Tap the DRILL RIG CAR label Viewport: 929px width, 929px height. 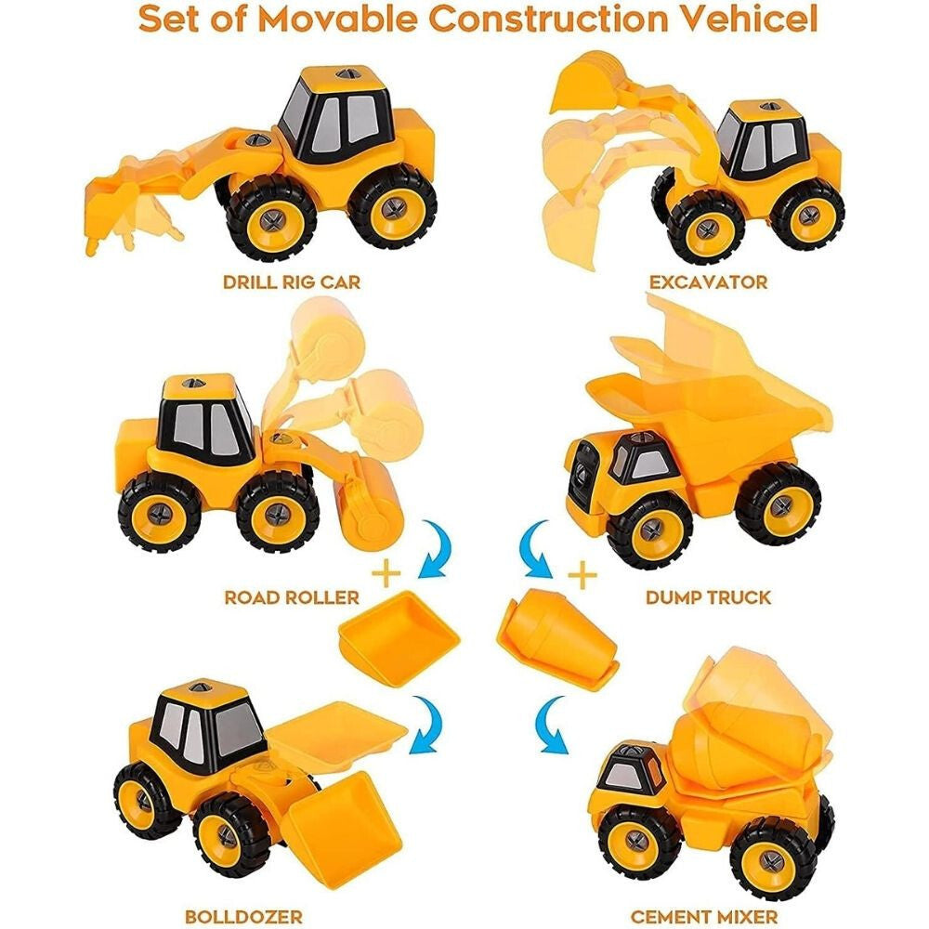[x=292, y=281]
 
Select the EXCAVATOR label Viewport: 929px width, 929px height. [x=708, y=281]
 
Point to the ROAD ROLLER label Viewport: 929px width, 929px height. [x=292, y=596]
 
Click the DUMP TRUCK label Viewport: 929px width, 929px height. [x=708, y=596]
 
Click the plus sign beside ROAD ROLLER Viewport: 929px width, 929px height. [x=386, y=573]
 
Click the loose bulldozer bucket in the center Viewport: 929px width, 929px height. [x=399, y=638]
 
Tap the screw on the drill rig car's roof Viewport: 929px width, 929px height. [x=345, y=74]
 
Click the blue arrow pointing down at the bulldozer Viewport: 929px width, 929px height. [x=427, y=724]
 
